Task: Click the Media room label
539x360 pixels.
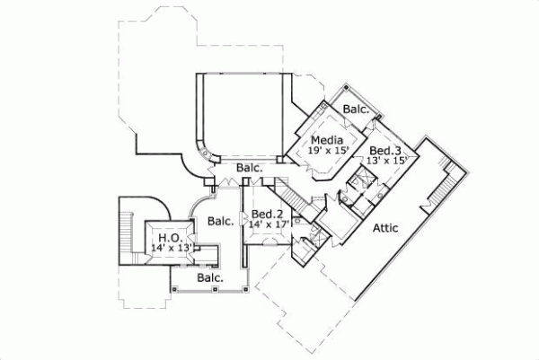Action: [323, 140]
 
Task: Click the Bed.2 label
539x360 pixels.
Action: [267, 215]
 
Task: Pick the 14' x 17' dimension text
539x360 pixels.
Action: [269, 225]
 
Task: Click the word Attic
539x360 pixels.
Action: [387, 230]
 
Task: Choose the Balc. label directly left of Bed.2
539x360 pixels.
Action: [220, 220]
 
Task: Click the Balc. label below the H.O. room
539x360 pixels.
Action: [210, 278]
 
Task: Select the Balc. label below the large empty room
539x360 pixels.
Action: [250, 168]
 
